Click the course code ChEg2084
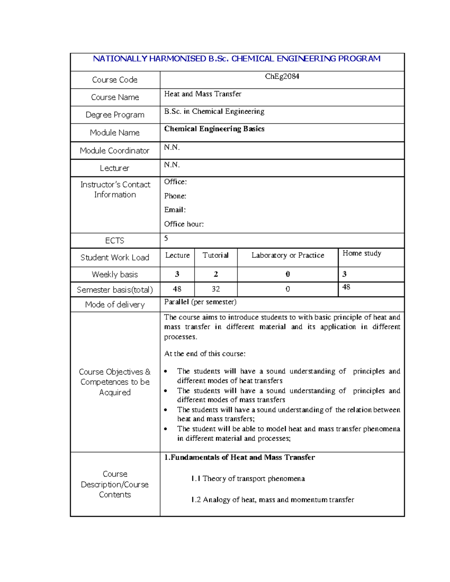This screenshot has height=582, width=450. pyautogui.click(x=282, y=76)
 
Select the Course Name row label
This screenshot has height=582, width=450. pyautogui.click(x=115, y=97)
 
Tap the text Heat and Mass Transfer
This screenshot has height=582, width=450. pyautogui.click(x=202, y=94)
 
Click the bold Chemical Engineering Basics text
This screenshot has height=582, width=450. pyautogui.click(x=214, y=129)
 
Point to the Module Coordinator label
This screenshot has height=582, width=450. pyautogui.click(x=114, y=151)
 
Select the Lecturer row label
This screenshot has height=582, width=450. pyautogui.click(x=114, y=168)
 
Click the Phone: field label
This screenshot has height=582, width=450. pyautogui.click(x=175, y=196)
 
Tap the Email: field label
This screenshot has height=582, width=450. pyautogui.click(x=175, y=210)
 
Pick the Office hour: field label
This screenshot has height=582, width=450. pyautogui.click(x=184, y=224)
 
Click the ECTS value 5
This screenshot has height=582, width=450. pyautogui.click(x=166, y=238)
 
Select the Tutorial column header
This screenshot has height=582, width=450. pyautogui.click(x=215, y=255)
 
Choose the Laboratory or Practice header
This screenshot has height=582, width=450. pyautogui.click(x=288, y=255)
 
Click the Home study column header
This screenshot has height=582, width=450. pyautogui.click(x=362, y=253)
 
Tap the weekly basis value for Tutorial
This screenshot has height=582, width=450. pyautogui.click(x=216, y=274)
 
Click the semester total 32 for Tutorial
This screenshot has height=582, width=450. pyautogui.click(x=216, y=289)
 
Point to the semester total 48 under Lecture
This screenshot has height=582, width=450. pyautogui.click(x=177, y=289)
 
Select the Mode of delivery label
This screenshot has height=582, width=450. pyautogui.click(x=115, y=305)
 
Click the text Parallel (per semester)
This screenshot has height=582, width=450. pyautogui.click(x=200, y=302)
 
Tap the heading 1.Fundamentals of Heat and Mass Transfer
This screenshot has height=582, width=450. pyautogui.click(x=239, y=457)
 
